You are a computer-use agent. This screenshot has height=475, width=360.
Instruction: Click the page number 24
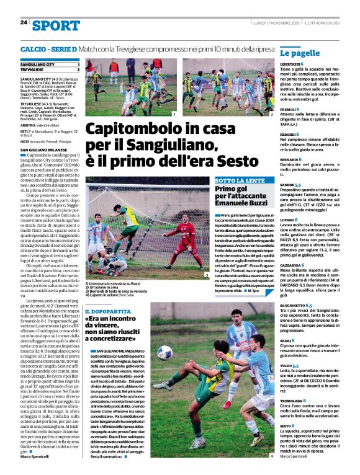pos(24,22)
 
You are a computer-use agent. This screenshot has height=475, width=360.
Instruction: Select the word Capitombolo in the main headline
pos(127,130)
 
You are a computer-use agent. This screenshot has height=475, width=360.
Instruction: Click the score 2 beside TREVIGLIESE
pos(78,69)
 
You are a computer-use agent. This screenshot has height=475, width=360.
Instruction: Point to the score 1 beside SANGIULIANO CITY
pos(78,64)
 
